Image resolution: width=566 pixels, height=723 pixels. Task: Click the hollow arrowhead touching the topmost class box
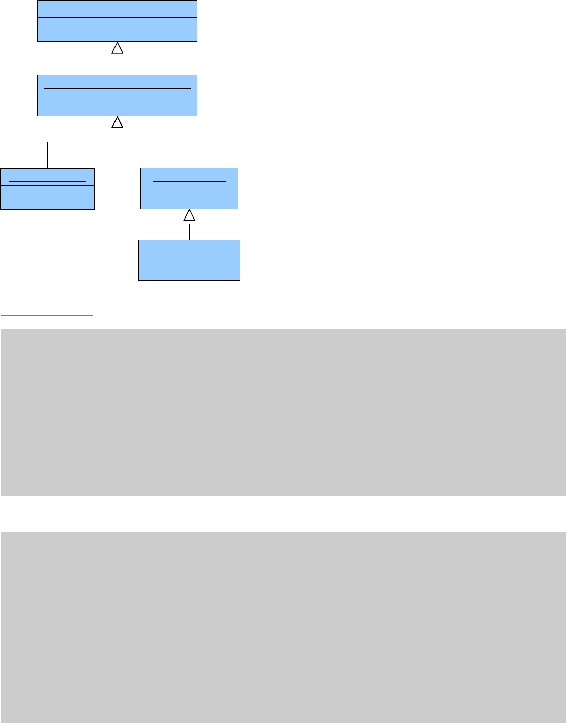coord(118,48)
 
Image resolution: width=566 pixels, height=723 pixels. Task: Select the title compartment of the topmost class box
coord(117,9)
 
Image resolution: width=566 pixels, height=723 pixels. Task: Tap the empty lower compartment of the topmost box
coord(117,29)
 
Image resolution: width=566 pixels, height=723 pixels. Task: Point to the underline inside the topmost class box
coord(118,14)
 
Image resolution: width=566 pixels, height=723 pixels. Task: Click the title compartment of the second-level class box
coord(117,84)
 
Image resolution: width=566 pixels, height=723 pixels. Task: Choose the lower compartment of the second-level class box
coord(117,104)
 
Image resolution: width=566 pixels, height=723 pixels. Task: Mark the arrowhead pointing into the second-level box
coord(118,122)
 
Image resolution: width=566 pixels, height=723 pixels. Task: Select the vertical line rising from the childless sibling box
coord(48,155)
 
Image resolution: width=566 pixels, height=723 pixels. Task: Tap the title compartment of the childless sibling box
coord(47,177)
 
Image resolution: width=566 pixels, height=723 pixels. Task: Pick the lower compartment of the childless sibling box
coord(47,197)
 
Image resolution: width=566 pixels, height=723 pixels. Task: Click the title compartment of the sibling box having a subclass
coord(189,177)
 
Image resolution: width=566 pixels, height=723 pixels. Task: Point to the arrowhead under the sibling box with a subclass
coord(190,215)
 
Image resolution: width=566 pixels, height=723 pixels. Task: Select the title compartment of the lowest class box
coord(189,249)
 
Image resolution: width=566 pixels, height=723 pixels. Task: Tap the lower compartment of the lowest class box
coord(189,269)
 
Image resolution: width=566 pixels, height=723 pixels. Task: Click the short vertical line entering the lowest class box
coord(190,231)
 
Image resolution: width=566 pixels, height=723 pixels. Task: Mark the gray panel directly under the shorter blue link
coord(283,412)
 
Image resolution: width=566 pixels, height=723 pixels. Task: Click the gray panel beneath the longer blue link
coord(283,627)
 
